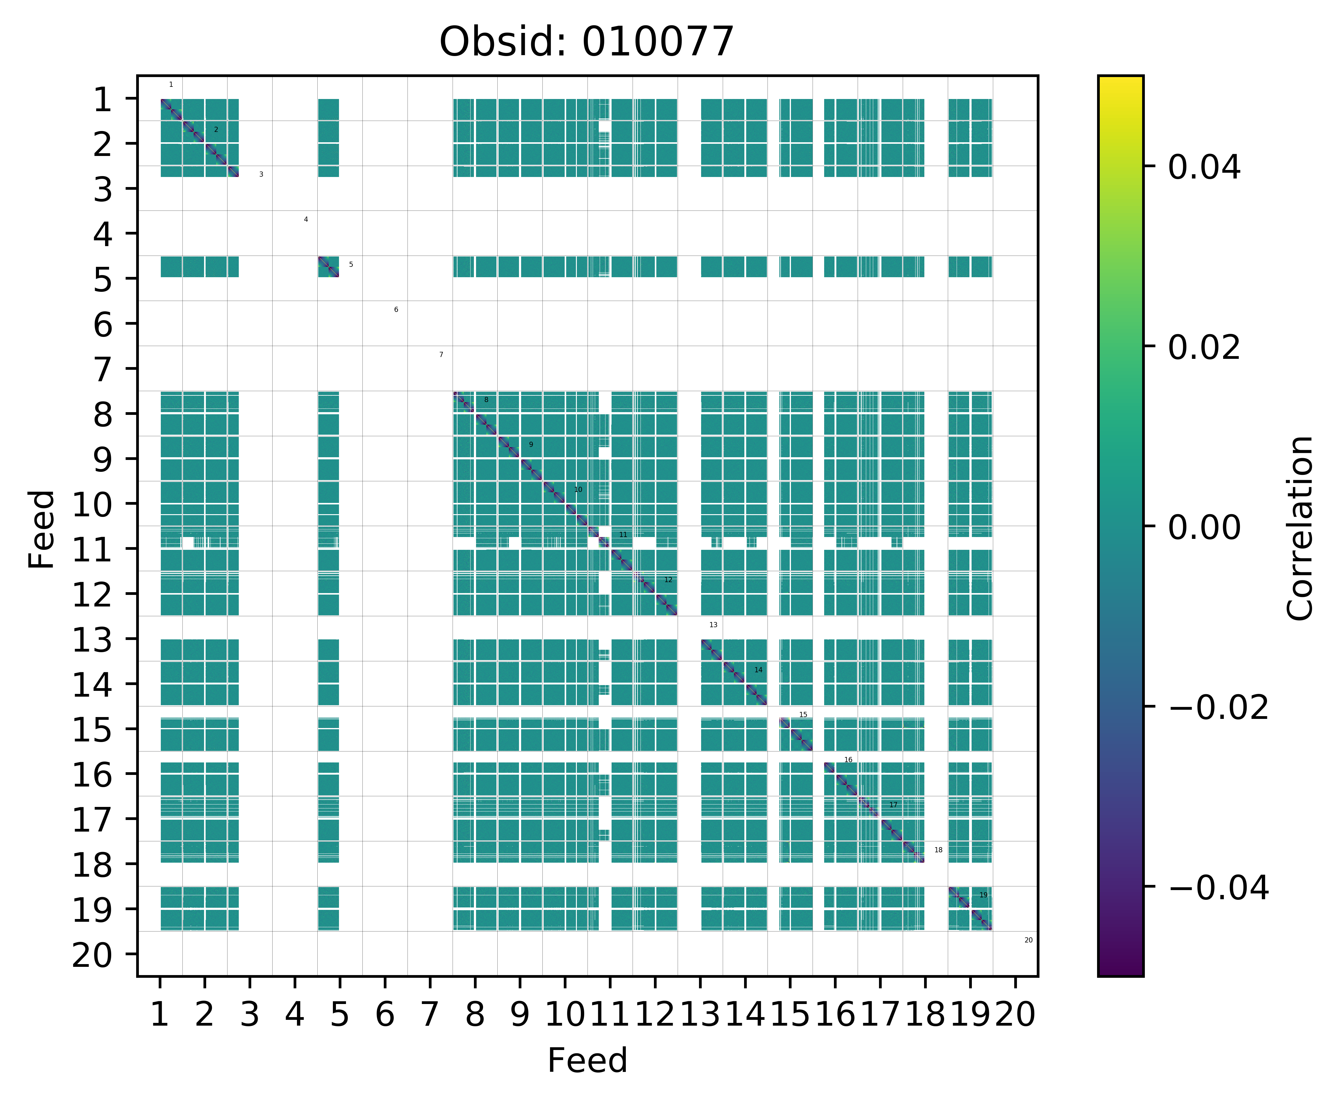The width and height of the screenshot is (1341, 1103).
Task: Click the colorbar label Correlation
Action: (1300, 527)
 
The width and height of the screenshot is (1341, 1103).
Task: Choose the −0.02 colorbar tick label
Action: (1218, 707)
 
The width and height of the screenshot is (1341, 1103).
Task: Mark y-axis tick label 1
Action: (103, 100)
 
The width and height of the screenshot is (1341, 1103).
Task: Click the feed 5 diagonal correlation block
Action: (328, 267)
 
